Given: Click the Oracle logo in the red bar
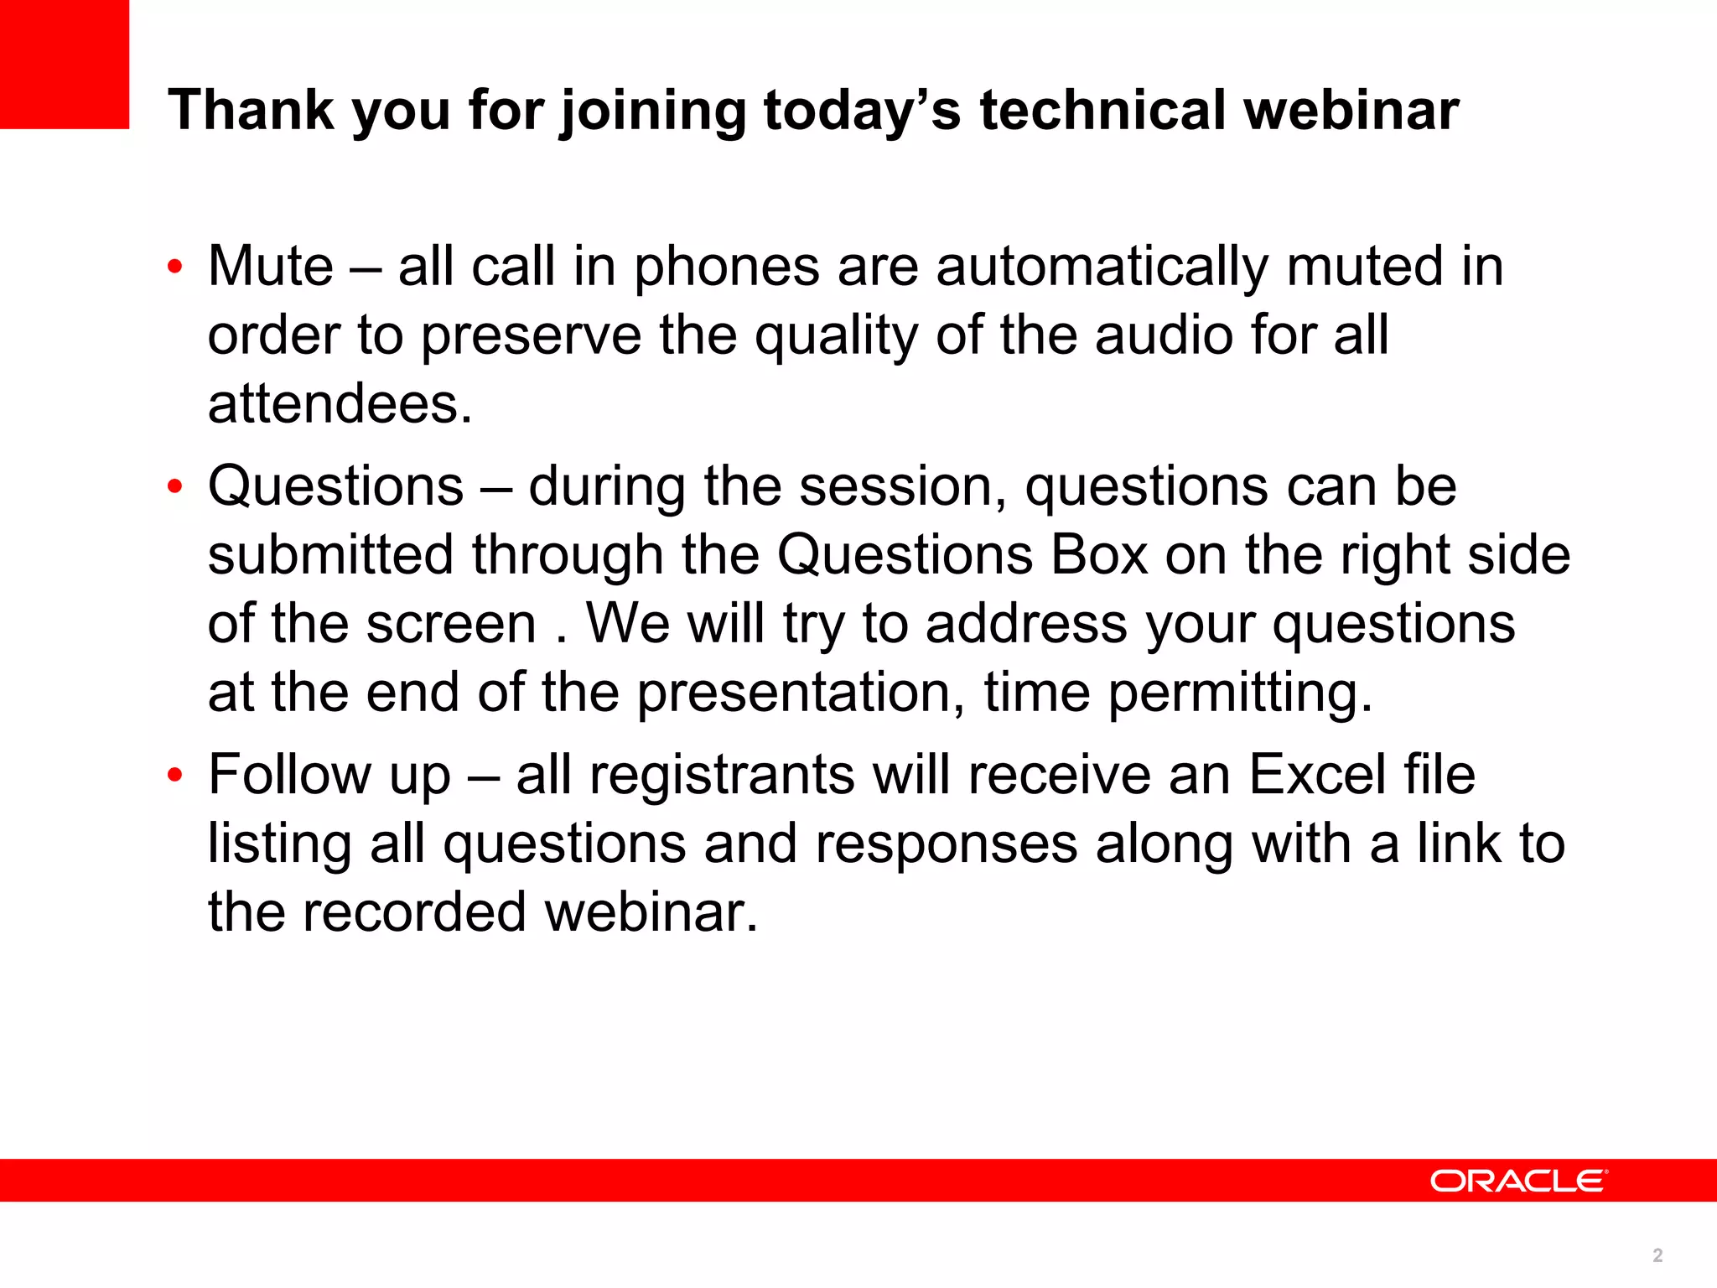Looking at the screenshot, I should [1518, 1181].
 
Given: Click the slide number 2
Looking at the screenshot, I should [1657, 1255].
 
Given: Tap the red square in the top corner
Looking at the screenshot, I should [65, 64].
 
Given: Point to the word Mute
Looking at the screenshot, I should [271, 267].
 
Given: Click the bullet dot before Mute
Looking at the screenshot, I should [174, 267].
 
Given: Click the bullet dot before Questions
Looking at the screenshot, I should [174, 486].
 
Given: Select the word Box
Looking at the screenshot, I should [1098, 555].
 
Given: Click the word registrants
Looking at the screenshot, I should [723, 776].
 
